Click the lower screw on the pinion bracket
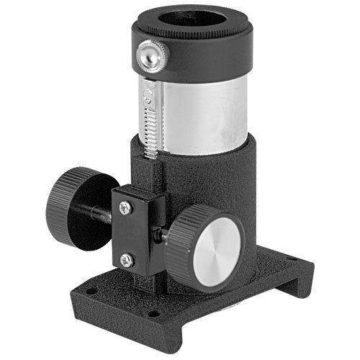coord(127,261)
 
